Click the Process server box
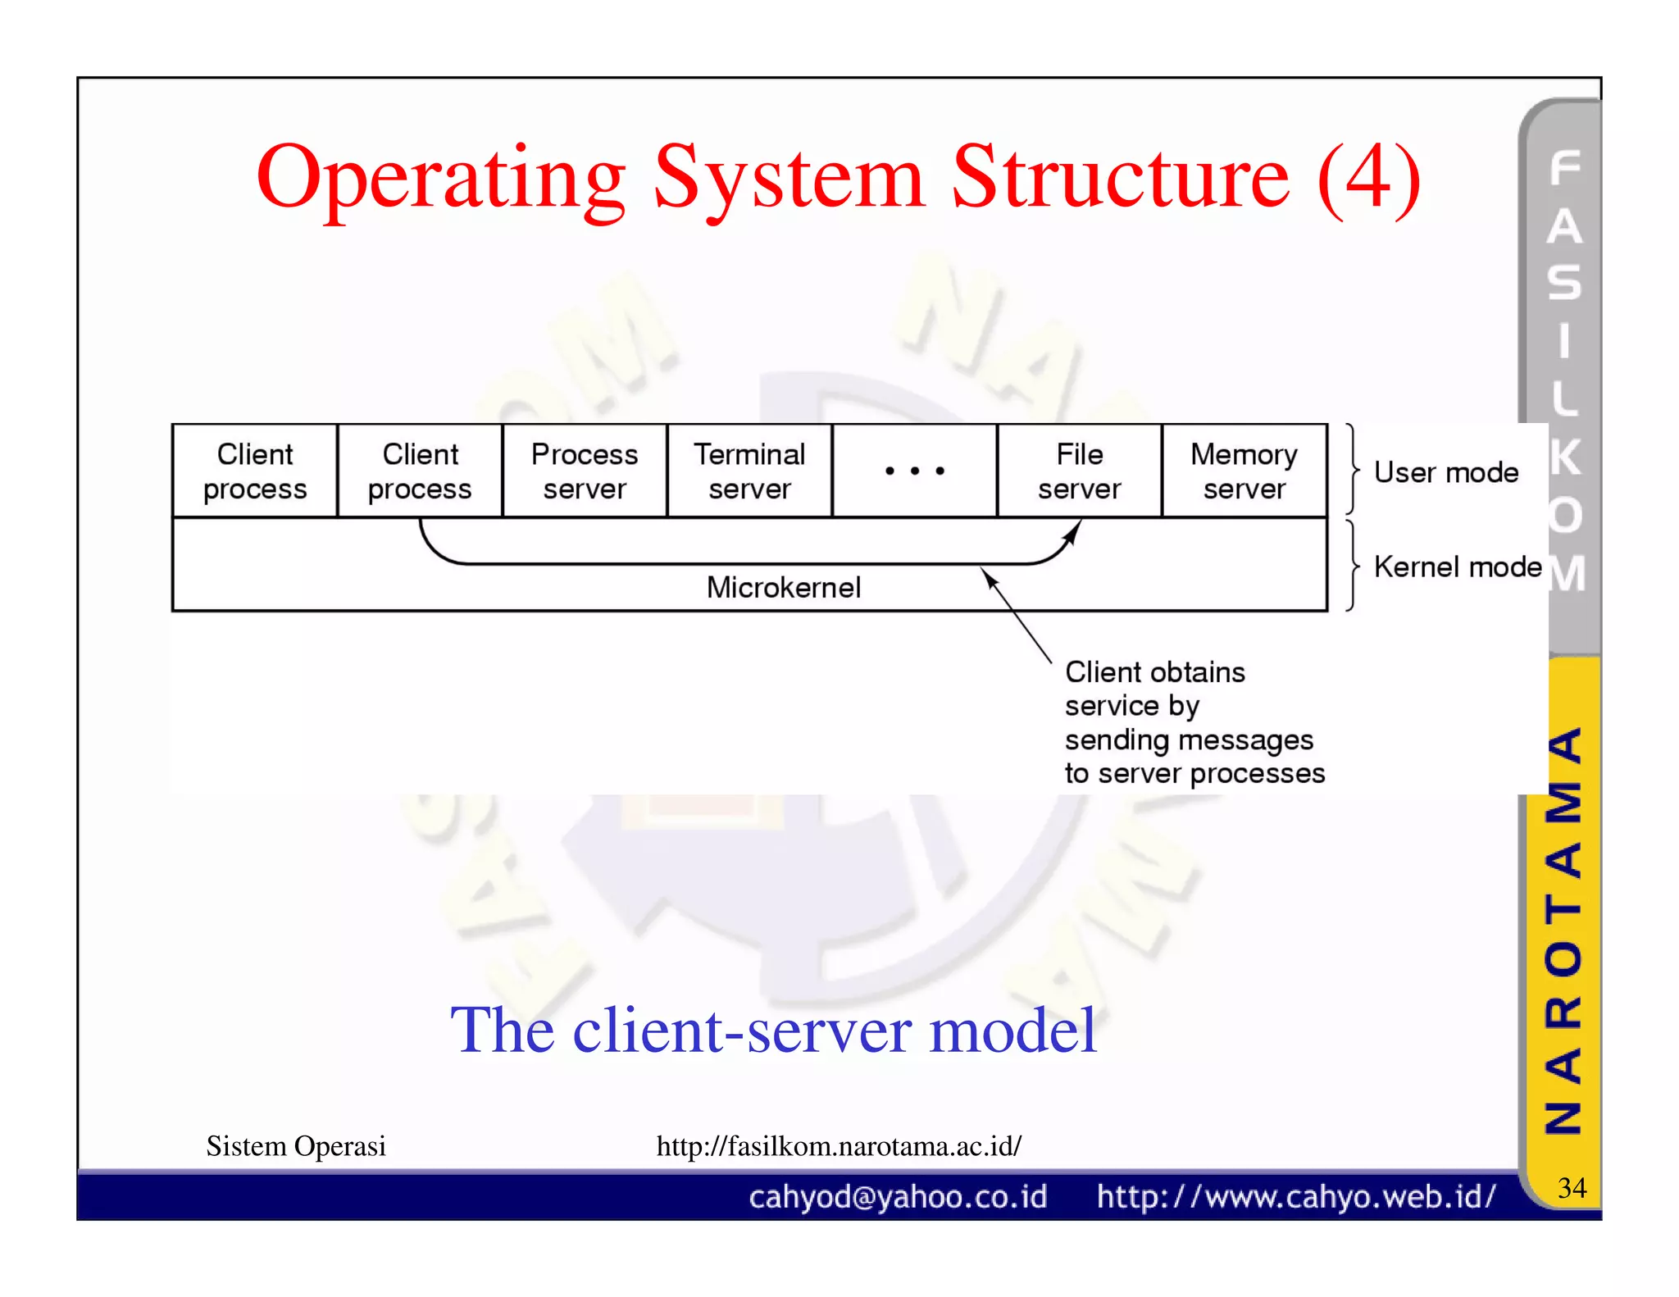coord(585,471)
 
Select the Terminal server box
coord(749,471)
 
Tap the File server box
coord(1079,471)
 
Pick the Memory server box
coord(1244,471)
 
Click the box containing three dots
coord(914,471)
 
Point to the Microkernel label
coord(784,587)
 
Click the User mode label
coord(1446,472)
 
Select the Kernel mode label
coord(1458,567)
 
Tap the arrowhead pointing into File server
coord(1072,533)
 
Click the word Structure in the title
coord(1121,178)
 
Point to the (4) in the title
coord(1368,178)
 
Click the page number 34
coord(1572,1187)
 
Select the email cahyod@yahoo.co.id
coord(898,1197)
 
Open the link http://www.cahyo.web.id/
coord(1296,1197)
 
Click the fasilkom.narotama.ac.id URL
coord(839,1145)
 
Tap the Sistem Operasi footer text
coord(296,1145)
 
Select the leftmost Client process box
coord(255,471)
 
